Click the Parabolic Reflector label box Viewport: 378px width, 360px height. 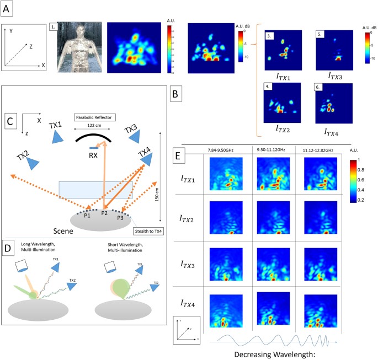coord(95,117)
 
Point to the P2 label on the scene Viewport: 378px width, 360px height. coord(104,213)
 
